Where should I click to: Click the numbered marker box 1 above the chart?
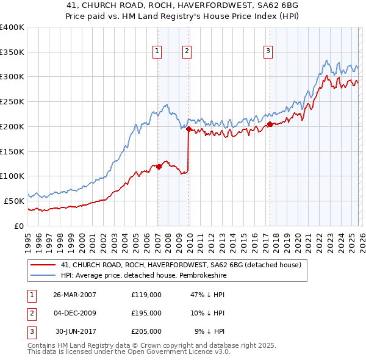click(158, 52)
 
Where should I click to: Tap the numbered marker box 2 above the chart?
click(187, 52)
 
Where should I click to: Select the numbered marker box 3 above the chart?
click(268, 52)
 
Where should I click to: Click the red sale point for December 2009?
click(188, 129)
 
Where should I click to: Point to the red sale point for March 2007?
click(159, 167)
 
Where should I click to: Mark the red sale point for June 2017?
click(269, 124)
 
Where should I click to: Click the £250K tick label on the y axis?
click(12, 102)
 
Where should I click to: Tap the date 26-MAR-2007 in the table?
click(74, 295)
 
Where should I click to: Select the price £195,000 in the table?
click(146, 313)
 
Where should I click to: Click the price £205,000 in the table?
click(146, 331)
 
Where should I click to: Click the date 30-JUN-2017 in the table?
click(74, 331)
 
